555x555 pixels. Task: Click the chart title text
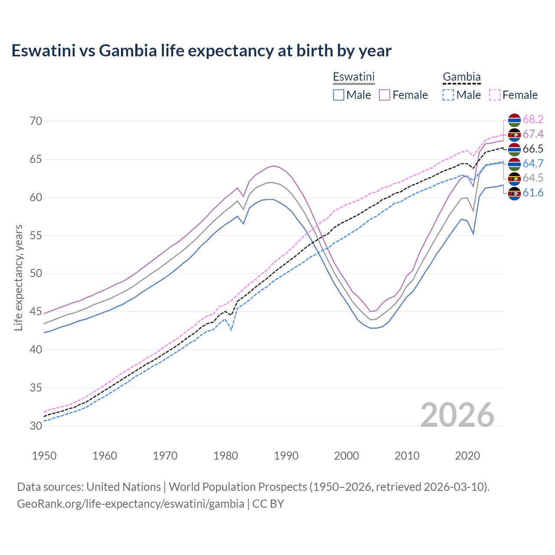[x=201, y=51]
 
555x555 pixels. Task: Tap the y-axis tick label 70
[x=36, y=121]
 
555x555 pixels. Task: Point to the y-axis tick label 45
[x=36, y=311]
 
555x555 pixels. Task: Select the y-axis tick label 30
[x=36, y=426]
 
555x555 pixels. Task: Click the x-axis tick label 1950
[x=44, y=456]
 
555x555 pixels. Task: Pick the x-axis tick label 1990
[x=286, y=456]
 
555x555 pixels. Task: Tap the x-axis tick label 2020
[x=467, y=456]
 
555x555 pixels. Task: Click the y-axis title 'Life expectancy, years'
[x=18, y=277]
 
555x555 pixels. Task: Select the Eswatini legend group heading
[x=353, y=77]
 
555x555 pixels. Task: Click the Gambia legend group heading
[x=461, y=77]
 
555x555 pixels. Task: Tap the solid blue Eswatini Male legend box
[x=339, y=95]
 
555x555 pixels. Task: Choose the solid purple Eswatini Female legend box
[x=385, y=95]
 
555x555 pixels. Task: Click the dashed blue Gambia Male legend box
[x=448, y=95]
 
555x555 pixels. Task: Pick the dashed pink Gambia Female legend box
[x=495, y=95]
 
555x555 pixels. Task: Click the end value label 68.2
[x=533, y=119]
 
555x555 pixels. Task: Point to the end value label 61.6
[x=533, y=193]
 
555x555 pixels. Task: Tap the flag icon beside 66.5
[x=514, y=149]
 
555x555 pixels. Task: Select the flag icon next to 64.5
[x=514, y=178]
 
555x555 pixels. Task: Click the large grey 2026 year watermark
[x=457, y=415]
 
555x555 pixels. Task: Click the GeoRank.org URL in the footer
[x=130, y=504]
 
